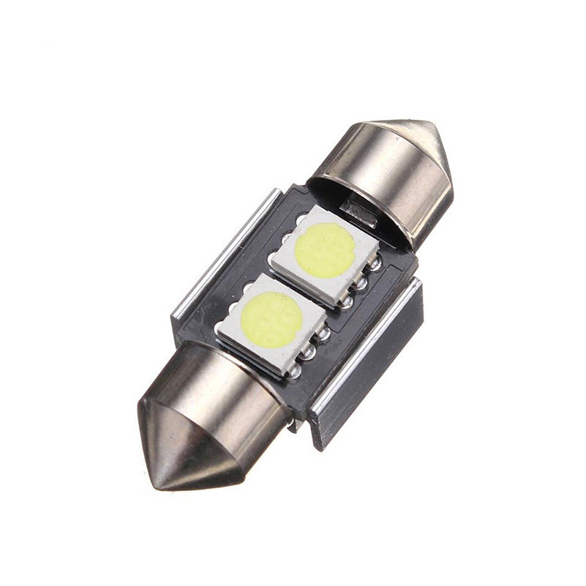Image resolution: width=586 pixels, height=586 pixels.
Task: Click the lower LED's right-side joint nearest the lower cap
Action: pyautogui.click(x=295, y=371)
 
